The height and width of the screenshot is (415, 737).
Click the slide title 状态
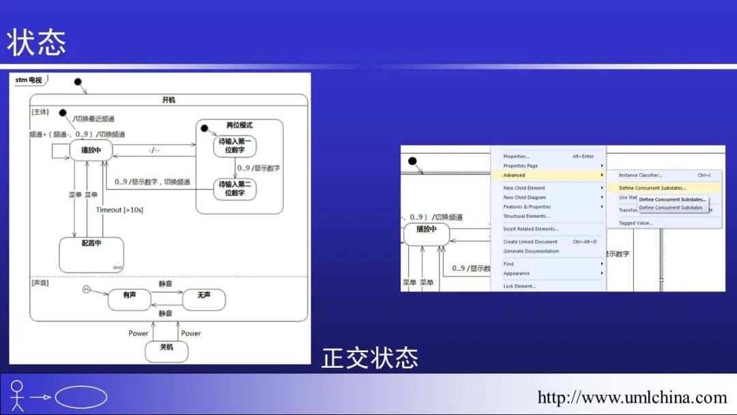[x=37, y=43]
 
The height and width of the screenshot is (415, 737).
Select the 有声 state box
[x=129, y=299]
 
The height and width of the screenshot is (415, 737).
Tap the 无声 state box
[x=203, y=299]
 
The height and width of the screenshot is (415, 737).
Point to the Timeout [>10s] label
[x=119, y=210]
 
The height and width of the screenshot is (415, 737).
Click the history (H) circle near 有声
[x=87, y=289]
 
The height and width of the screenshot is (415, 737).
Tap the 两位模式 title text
[x=240, y=126]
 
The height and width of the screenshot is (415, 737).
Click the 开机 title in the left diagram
[x=169, y=100]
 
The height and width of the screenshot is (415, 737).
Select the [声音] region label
[x=40, y=282]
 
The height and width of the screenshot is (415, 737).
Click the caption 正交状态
[x=370, y=358]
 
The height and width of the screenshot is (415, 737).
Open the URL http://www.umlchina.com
[x=632, y=397]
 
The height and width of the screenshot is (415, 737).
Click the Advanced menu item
[x=515, y=175]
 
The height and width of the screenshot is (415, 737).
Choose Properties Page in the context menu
[x=521, y=166]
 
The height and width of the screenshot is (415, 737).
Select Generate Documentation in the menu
[x=531, y=251]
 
